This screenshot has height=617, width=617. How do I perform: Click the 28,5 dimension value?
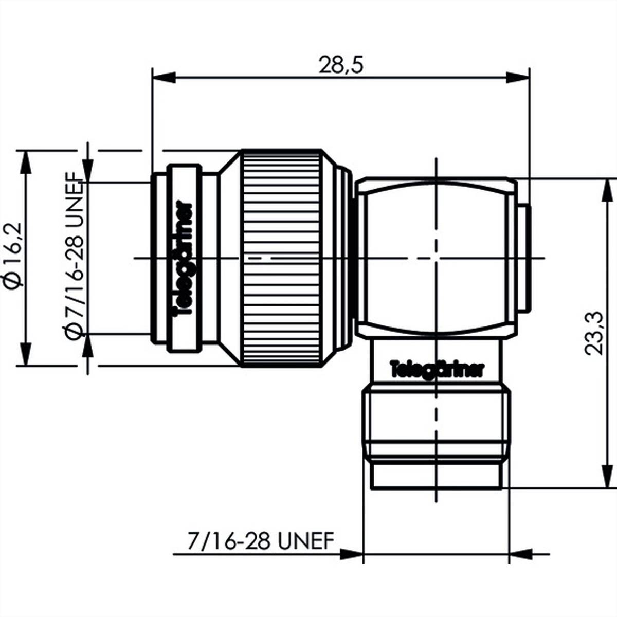click(341, 65)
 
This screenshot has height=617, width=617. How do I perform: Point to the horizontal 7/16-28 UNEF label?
click(261, 541)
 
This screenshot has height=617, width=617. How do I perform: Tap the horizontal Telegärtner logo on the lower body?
click(437, 369)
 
